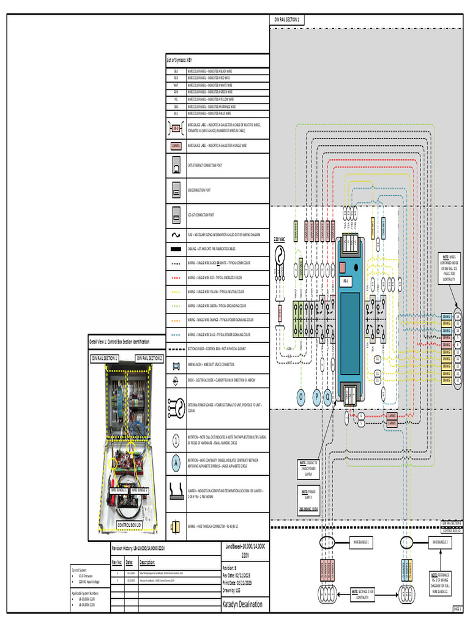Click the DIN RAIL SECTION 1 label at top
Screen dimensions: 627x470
[x=285, y=20]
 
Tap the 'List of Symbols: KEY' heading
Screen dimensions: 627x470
[x=181, y=61]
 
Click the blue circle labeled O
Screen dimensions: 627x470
[x=300, y=397]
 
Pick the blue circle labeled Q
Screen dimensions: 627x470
[x=329, y=397]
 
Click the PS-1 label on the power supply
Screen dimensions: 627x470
[x=345, y=280]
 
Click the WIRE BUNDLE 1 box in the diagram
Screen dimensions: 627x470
[x=362, y=543]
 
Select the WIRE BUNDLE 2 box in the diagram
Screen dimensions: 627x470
[x=441, y=543]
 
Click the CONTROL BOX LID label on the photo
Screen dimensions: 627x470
[x=129, y=525]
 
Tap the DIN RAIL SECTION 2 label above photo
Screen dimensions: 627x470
[x=149, y=358]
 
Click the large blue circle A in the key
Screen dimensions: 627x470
[x=176, y=465]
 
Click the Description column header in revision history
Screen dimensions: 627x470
[x=147, y=562]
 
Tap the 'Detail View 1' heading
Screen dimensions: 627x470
[x=119, y=341]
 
